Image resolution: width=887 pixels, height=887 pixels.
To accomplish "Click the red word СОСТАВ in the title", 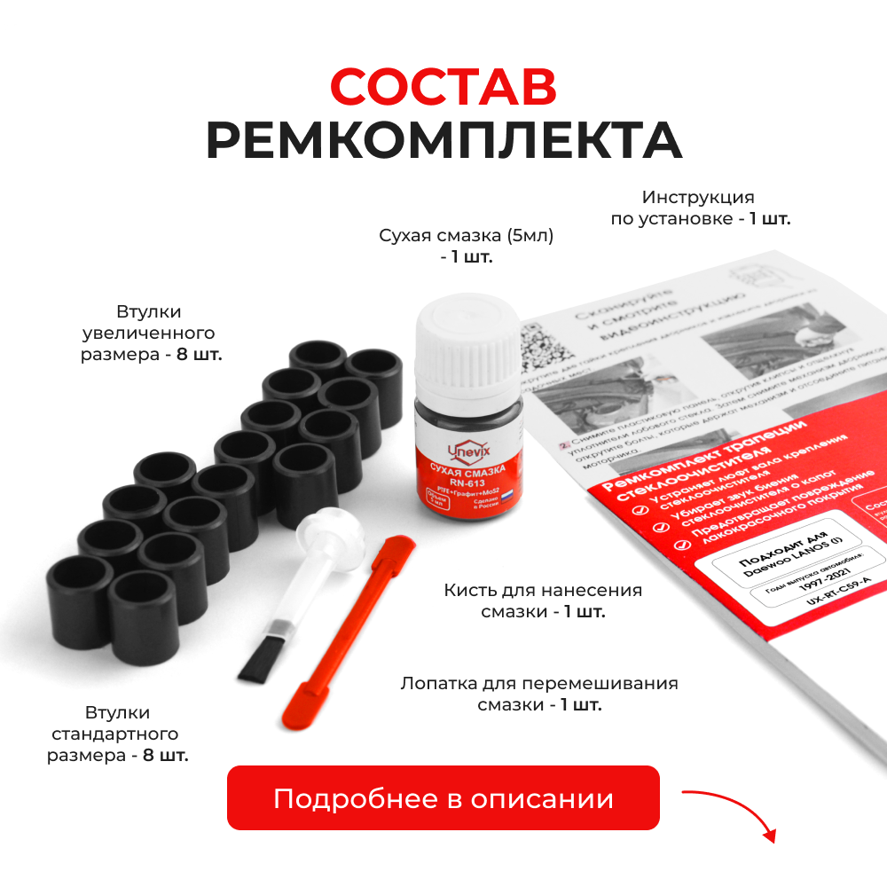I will [443, 87].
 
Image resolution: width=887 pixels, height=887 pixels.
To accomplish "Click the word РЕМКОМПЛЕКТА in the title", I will [443, 140].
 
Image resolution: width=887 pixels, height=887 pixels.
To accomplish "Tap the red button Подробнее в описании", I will [443, 797].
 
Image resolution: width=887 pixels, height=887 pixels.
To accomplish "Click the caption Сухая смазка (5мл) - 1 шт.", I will [467, 246].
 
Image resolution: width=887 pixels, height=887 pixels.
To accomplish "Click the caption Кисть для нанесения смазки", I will [542, 600].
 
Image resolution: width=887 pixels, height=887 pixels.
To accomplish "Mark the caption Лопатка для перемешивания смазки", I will [539, 695].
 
